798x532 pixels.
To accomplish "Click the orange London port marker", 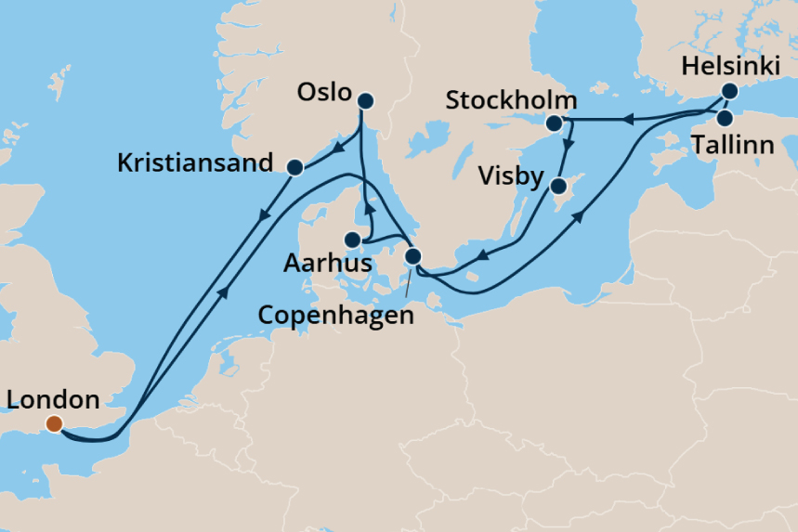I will tap(54, 424).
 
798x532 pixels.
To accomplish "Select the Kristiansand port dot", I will tap(295, 168).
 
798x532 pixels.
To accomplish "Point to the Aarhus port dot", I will tap(352, 240).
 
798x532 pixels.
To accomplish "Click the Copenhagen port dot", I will tap(413, 255).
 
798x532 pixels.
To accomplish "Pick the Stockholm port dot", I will tap(554, 123).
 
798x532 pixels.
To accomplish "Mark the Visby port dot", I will tap(558, 187).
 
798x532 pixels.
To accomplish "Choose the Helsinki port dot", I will tap(729, 91).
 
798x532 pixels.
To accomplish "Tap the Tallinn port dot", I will tap(725, 118).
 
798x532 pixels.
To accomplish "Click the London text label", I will tap(52, 401).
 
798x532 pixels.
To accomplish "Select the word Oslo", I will tap(324, 93).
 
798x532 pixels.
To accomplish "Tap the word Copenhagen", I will tap(335, 315).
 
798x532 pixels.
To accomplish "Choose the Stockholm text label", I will tap(512, 100).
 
